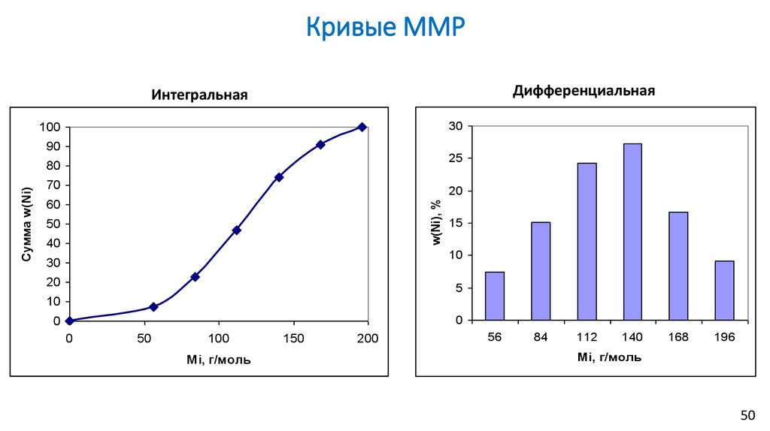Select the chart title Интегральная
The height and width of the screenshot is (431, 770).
pos(199,95)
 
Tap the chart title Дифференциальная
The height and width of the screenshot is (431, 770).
pos(584,91)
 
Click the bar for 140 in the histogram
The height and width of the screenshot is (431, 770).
pos(632,232)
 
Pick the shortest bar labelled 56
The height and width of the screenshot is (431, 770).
pos(494,296)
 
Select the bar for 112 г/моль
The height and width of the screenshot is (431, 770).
pos(587,241)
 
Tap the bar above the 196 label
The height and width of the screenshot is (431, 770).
pos(724,291)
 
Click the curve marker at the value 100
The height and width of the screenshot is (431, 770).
pos(362,127)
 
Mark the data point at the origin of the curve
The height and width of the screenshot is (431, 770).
pos(69,321)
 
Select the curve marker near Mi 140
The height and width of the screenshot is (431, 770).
pos(279,177)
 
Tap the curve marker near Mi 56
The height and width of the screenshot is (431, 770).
pos(153,306)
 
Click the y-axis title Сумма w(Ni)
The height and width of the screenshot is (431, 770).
pos(26,224)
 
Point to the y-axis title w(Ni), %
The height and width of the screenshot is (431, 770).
pos(435,223)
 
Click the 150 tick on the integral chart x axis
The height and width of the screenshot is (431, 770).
pos(293,338)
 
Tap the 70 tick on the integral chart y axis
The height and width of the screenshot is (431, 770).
pos(53,185)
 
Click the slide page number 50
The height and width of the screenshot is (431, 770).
pos(747,415)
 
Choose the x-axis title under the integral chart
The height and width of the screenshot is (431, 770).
pos(218,360)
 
